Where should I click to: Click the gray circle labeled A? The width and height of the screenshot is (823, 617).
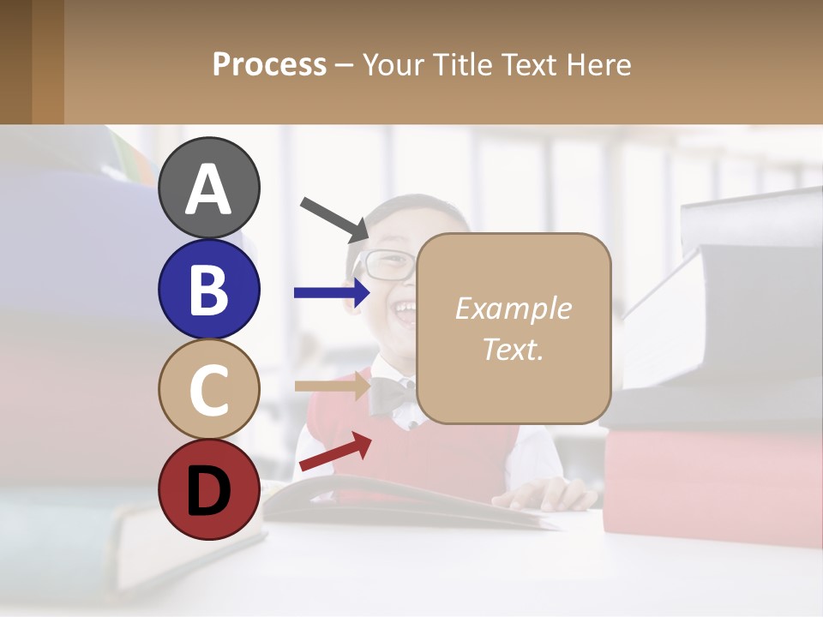[208, 188]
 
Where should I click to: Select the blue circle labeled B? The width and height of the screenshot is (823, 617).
[208, 289]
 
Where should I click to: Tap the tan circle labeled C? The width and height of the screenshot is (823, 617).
[208, 389]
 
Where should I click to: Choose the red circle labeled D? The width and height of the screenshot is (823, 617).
[208, 489]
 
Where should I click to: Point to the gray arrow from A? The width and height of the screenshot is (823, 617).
[334, 218]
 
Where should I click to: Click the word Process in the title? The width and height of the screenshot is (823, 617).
[269, 65]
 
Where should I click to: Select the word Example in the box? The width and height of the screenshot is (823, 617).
[513, 308]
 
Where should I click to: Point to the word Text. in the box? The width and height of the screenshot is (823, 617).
[513, 349]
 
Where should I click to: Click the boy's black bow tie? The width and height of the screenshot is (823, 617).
[391, 396]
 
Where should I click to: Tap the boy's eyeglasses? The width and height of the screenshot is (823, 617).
[386, 265]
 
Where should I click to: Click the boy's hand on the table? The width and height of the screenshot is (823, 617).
[553, 494]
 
